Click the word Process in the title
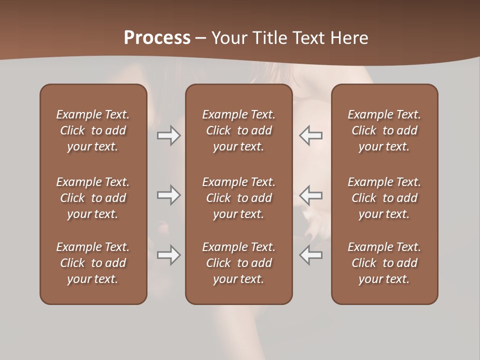(157, 38)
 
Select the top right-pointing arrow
(168, 135)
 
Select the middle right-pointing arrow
(168, 195)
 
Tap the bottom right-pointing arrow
(168, 255)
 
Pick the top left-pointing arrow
(311, 135)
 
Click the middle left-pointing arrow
(311, 195)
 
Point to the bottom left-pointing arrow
(311, 255)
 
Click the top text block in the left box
(93, 130)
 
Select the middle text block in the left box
(93, 198)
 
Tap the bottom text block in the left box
(93, 263)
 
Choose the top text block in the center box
(238, 130)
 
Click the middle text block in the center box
(238, 198)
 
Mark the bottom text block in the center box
(238, 263)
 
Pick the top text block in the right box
(384, 130)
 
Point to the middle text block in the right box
(384, 198)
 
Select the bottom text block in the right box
(384, 263)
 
